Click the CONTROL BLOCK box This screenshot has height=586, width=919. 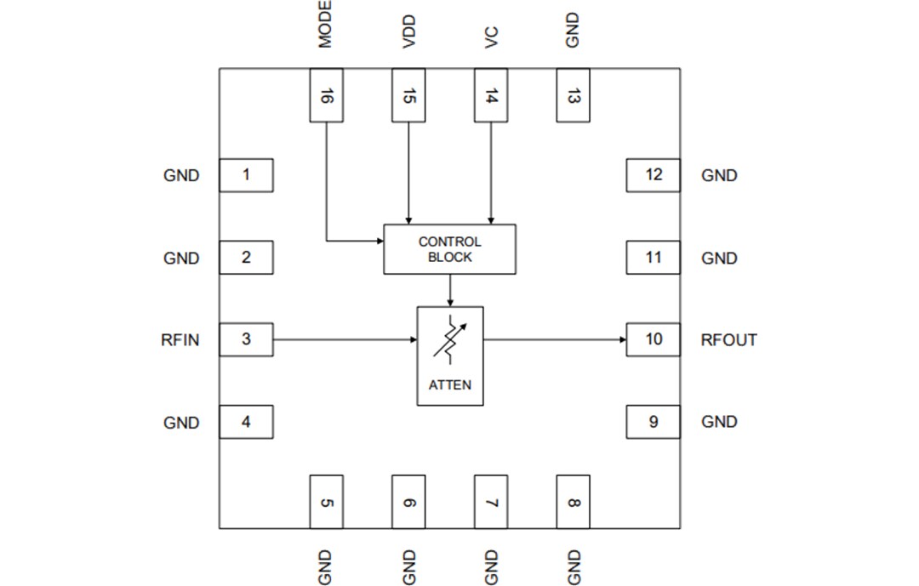pyautogui.click(x=449, y=249)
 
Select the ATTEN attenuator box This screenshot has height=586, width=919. pyautogui.click(x=449, y=356)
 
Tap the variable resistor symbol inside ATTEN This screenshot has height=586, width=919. pyautogui.click(x=449, y=339)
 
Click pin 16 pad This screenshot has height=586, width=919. pyautogui.click(x=326, y=95)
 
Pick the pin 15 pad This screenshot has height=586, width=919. pyautogui.click(x=408, y=95)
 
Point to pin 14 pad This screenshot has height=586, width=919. pyautogui.click(x=491, y=95)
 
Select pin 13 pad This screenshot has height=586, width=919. pyautogui.click(x=573, y=95)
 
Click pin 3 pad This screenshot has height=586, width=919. pyautogui.click(x=246, y=339)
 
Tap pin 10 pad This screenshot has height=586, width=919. pyautogui.click(x=653, y=339)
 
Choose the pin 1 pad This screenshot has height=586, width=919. pyautogui.click(x=246, y=175)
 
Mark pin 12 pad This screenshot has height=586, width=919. pyautogui.click(x=653, y=175)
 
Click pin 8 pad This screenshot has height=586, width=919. pyautogui.click(x=573, y=502)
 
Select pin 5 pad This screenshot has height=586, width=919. pyautogui.click(x=326, y=502)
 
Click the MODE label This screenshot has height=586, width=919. pyautogui.click(x=325, y=24)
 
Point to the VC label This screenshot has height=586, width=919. pyautogui.click(x=491, y=37)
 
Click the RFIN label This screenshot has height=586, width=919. pyautogui.click(x=180, y=340)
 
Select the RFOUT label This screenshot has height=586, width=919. pyautogui.click(x=728, y=340)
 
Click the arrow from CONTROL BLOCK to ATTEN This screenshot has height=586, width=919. pyautogui.click(x=449, y=290)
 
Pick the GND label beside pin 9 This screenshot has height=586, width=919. pyautogui.click(x=719, y=422)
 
